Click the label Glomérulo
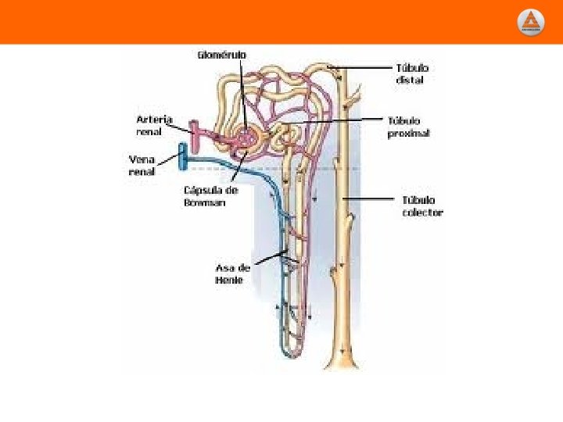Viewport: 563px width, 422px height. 221,55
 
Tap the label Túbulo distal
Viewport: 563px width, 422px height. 412,74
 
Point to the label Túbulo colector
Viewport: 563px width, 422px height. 422,206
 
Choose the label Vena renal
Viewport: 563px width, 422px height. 142,165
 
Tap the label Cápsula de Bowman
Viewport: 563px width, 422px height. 210,196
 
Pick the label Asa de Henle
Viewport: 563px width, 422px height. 232,274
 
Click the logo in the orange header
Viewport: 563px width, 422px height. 531,22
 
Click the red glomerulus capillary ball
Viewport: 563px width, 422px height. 247,139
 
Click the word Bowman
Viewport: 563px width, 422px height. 205,202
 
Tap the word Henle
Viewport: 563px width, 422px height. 229,280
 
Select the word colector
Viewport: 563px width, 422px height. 422,213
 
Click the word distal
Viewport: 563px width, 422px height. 410,80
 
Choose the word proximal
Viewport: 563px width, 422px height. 409,134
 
